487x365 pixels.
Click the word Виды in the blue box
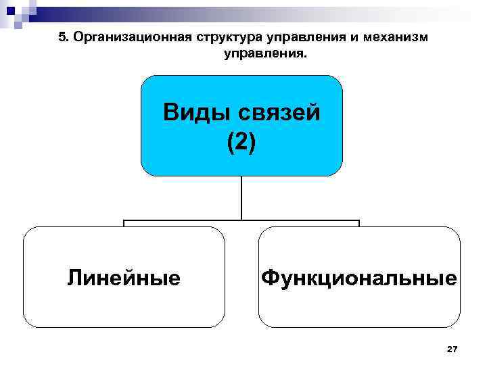tap(193, 112)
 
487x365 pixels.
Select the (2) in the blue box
tap(241, 142)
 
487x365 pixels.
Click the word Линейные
tap(124, 277)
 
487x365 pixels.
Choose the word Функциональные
tap(359, 277)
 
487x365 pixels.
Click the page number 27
tap(453, 349)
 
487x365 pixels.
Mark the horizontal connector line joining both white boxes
tap(241, 220)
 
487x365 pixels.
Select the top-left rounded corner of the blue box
tap(145, 80)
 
